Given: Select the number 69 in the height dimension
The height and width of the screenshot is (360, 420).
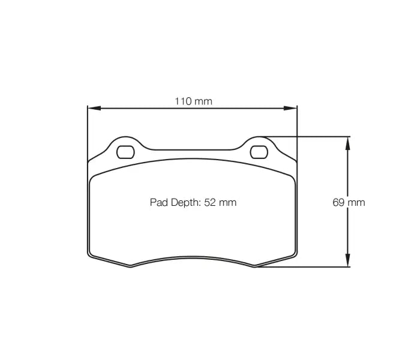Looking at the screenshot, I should point(338,202).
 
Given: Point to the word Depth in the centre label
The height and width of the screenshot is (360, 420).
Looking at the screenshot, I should point(185,203).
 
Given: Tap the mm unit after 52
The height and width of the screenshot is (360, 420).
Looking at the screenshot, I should point(227,202).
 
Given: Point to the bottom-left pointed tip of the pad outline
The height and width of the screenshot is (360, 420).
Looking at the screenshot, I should point(130,267).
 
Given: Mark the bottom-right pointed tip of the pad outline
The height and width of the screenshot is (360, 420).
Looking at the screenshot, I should point(255,267).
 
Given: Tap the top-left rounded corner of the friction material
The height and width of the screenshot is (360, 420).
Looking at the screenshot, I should point(92,178).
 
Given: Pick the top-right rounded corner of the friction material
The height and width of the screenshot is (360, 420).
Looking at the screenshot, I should point(292,178).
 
